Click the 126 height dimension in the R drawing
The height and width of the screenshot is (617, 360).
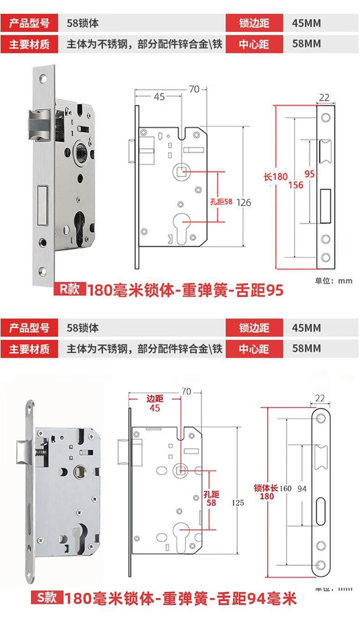click(x=244, y=202)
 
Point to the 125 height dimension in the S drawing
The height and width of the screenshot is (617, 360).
click(x=238, y=503)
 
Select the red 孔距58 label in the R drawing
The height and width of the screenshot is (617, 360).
click(x=221, y=202)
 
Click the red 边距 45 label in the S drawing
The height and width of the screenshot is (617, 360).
click(x=154, y=403)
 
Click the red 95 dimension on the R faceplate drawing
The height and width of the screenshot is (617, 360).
click(x=309, y=174)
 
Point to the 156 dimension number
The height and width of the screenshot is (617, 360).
click(x=296, y=185)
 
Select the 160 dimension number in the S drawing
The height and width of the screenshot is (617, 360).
click(x=285, y=489)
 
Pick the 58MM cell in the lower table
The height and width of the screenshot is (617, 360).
click(x=306, y=348)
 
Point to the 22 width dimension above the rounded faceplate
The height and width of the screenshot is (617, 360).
click(x=320, y=398)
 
